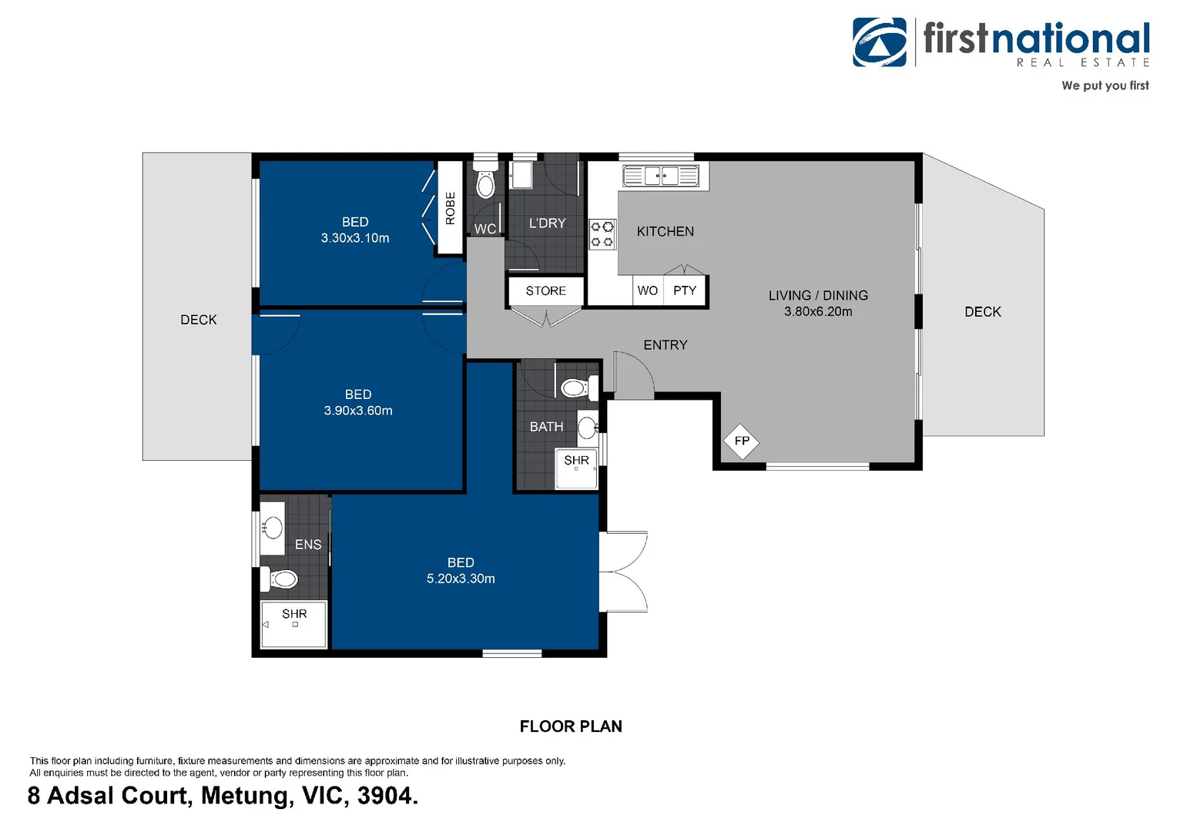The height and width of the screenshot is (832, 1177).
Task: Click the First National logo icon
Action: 880,42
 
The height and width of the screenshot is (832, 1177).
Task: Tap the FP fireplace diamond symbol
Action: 742,441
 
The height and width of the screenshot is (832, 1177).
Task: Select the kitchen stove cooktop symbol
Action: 602,234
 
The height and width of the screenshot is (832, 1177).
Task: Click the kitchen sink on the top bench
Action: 661,176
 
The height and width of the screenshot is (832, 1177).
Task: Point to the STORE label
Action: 545,291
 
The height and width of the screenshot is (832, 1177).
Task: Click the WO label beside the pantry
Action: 647,290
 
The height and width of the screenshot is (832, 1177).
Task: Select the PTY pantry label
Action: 684,290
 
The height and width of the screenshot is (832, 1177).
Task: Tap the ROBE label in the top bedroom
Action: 451,208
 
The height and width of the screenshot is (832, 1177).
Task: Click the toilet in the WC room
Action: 485,185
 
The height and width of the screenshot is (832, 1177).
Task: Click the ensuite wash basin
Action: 272,528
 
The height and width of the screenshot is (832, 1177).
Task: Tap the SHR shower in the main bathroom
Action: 576,467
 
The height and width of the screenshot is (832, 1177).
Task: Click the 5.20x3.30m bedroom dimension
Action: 461,579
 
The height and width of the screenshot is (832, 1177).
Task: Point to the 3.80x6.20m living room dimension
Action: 818,312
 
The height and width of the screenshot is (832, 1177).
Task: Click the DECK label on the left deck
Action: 198,320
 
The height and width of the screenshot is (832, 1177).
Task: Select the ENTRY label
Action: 666,345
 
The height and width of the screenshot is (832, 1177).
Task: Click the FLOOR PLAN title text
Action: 571,726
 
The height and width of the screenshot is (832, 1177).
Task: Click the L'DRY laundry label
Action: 547,223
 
